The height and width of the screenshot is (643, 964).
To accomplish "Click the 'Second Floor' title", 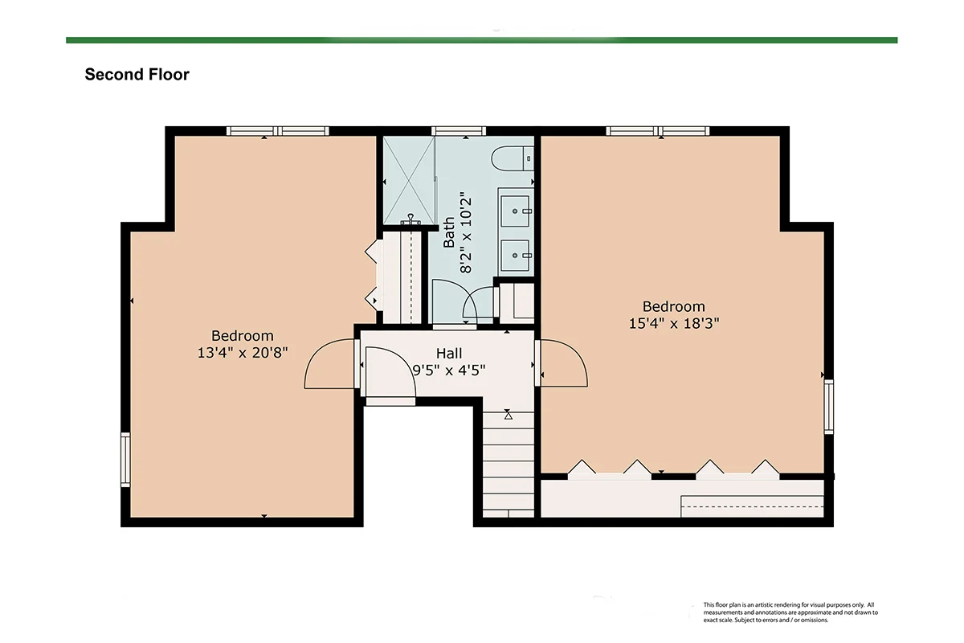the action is tap(137, 75).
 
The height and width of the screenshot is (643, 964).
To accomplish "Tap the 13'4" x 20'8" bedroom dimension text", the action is tap(243, 353).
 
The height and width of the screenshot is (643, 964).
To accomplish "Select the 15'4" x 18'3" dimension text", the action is tap(674, 323).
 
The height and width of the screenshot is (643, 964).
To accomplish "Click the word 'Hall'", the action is tap(449, 354).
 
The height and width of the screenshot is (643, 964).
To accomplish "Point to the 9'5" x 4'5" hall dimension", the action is tap(449, 370).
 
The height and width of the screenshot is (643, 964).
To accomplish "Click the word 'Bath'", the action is tap(449, 231).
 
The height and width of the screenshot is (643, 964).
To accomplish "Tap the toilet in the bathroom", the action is tap(513, 158).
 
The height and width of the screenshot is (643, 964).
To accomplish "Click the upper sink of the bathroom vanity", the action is tap(515, 211).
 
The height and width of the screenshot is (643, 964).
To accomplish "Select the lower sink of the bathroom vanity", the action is tap(515, 256).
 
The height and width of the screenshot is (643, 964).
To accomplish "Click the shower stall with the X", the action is tap(409, 181).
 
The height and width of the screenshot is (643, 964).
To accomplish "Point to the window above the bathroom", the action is tap(459, 131).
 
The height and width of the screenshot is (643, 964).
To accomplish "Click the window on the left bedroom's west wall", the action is tap(125, 460).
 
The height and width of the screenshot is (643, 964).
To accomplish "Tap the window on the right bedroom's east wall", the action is tap(829, 407).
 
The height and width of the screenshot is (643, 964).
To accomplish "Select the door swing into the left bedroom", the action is tap(329, 364).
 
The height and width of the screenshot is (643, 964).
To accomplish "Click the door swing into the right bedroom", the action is tap(564, 363).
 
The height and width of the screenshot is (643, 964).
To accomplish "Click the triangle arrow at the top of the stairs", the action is tap(509, 416).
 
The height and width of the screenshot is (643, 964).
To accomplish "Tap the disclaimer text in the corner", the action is tap(790, 612).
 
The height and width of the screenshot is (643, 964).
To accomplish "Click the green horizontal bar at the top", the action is tap(481, 40).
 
